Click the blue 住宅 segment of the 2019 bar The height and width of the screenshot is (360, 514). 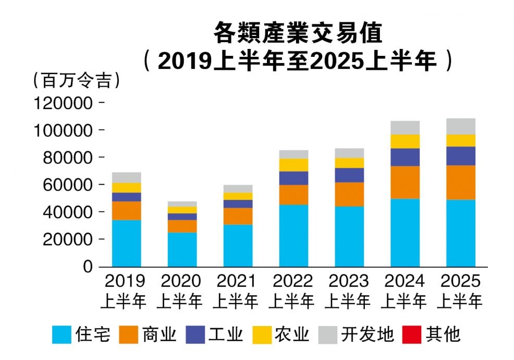point(126,243)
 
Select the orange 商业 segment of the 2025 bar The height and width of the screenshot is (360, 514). point(460,183)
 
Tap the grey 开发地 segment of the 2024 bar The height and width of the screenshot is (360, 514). point(405,128)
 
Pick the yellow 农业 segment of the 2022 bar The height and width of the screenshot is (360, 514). point(293,165)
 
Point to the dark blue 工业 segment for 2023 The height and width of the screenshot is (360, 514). point(349,175)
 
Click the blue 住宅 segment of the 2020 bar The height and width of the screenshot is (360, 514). point(182,249)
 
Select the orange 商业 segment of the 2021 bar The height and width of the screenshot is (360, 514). point(238,217)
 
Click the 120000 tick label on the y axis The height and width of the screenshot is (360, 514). point(63,103)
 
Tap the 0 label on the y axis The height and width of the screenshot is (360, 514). point(88,267)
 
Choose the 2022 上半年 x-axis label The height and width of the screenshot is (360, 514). point(293,291)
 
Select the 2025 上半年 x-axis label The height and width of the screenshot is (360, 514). point(460,291)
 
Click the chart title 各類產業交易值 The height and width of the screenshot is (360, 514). point(298,33)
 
